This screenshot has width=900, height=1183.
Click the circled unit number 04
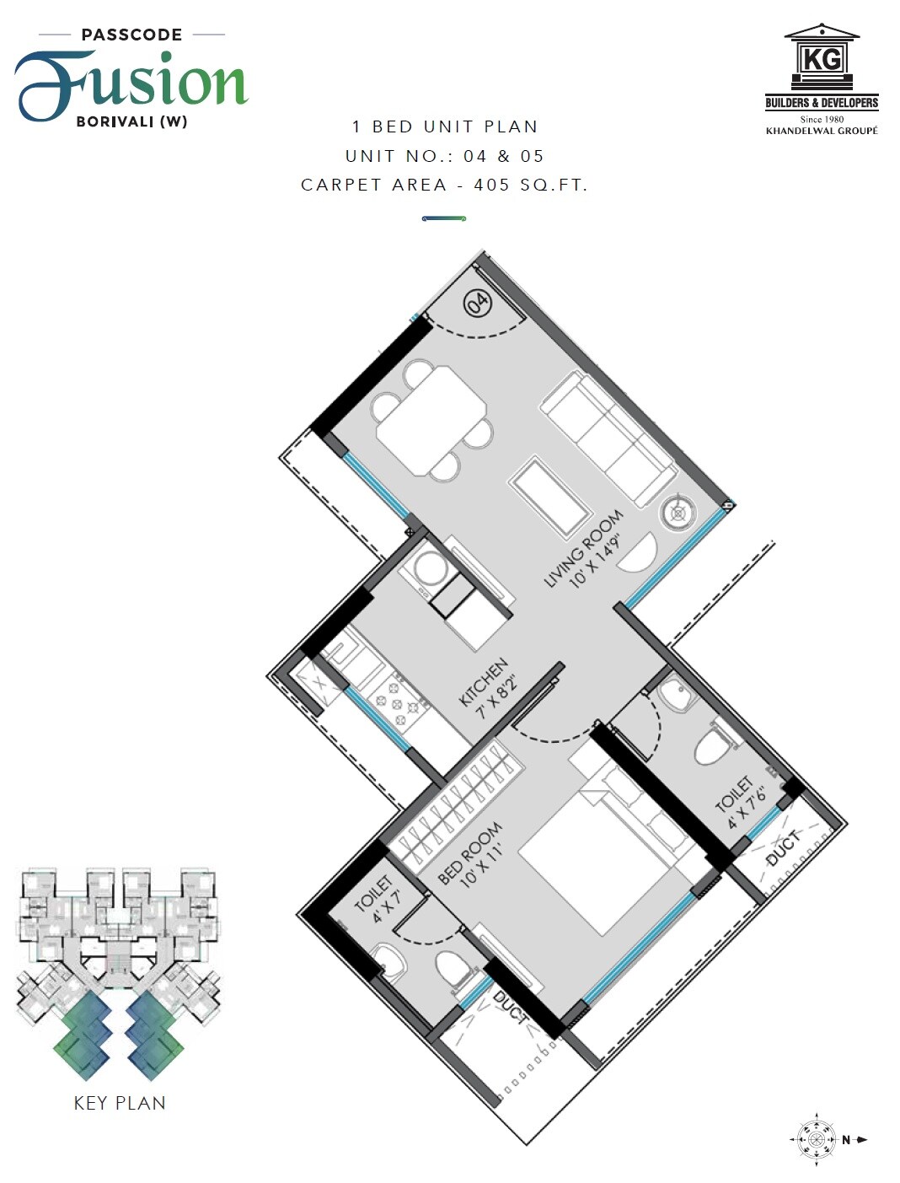[477, 302]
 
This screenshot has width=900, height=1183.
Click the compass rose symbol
[816, 1140]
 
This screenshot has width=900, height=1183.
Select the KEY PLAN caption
[120, 1103]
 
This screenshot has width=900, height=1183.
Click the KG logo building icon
[822, 57]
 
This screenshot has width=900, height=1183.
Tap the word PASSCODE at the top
[131, 35]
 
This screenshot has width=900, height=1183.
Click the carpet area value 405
[491, 185]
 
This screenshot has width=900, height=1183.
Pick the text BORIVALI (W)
[131, 121]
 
